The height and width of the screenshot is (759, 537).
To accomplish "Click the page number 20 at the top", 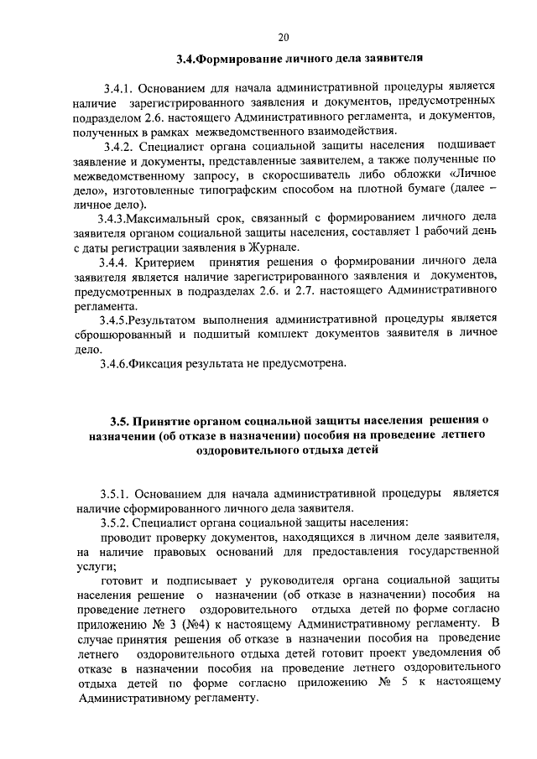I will click(x=282, y=36).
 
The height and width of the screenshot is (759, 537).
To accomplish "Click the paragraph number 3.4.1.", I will click(x=118, y=87).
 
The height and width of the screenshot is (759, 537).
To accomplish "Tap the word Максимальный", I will click(x=174, y=218).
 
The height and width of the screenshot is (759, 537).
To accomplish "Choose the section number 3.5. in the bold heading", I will click(x=123, y=421).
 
